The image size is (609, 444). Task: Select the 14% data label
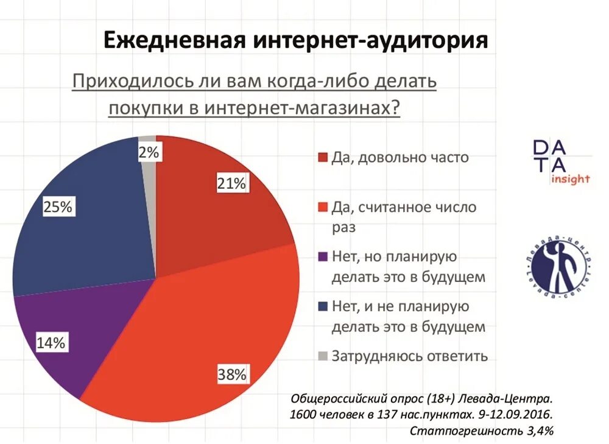[x=51, y=343]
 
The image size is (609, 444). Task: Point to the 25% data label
[x=58, y=207]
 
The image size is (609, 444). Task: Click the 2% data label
[x=149, y=153]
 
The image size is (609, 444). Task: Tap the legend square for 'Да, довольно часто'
[x=322, y=158]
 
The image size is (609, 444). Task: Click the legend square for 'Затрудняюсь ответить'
[x=322, y=356]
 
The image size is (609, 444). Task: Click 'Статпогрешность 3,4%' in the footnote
[x=481, y=431]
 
